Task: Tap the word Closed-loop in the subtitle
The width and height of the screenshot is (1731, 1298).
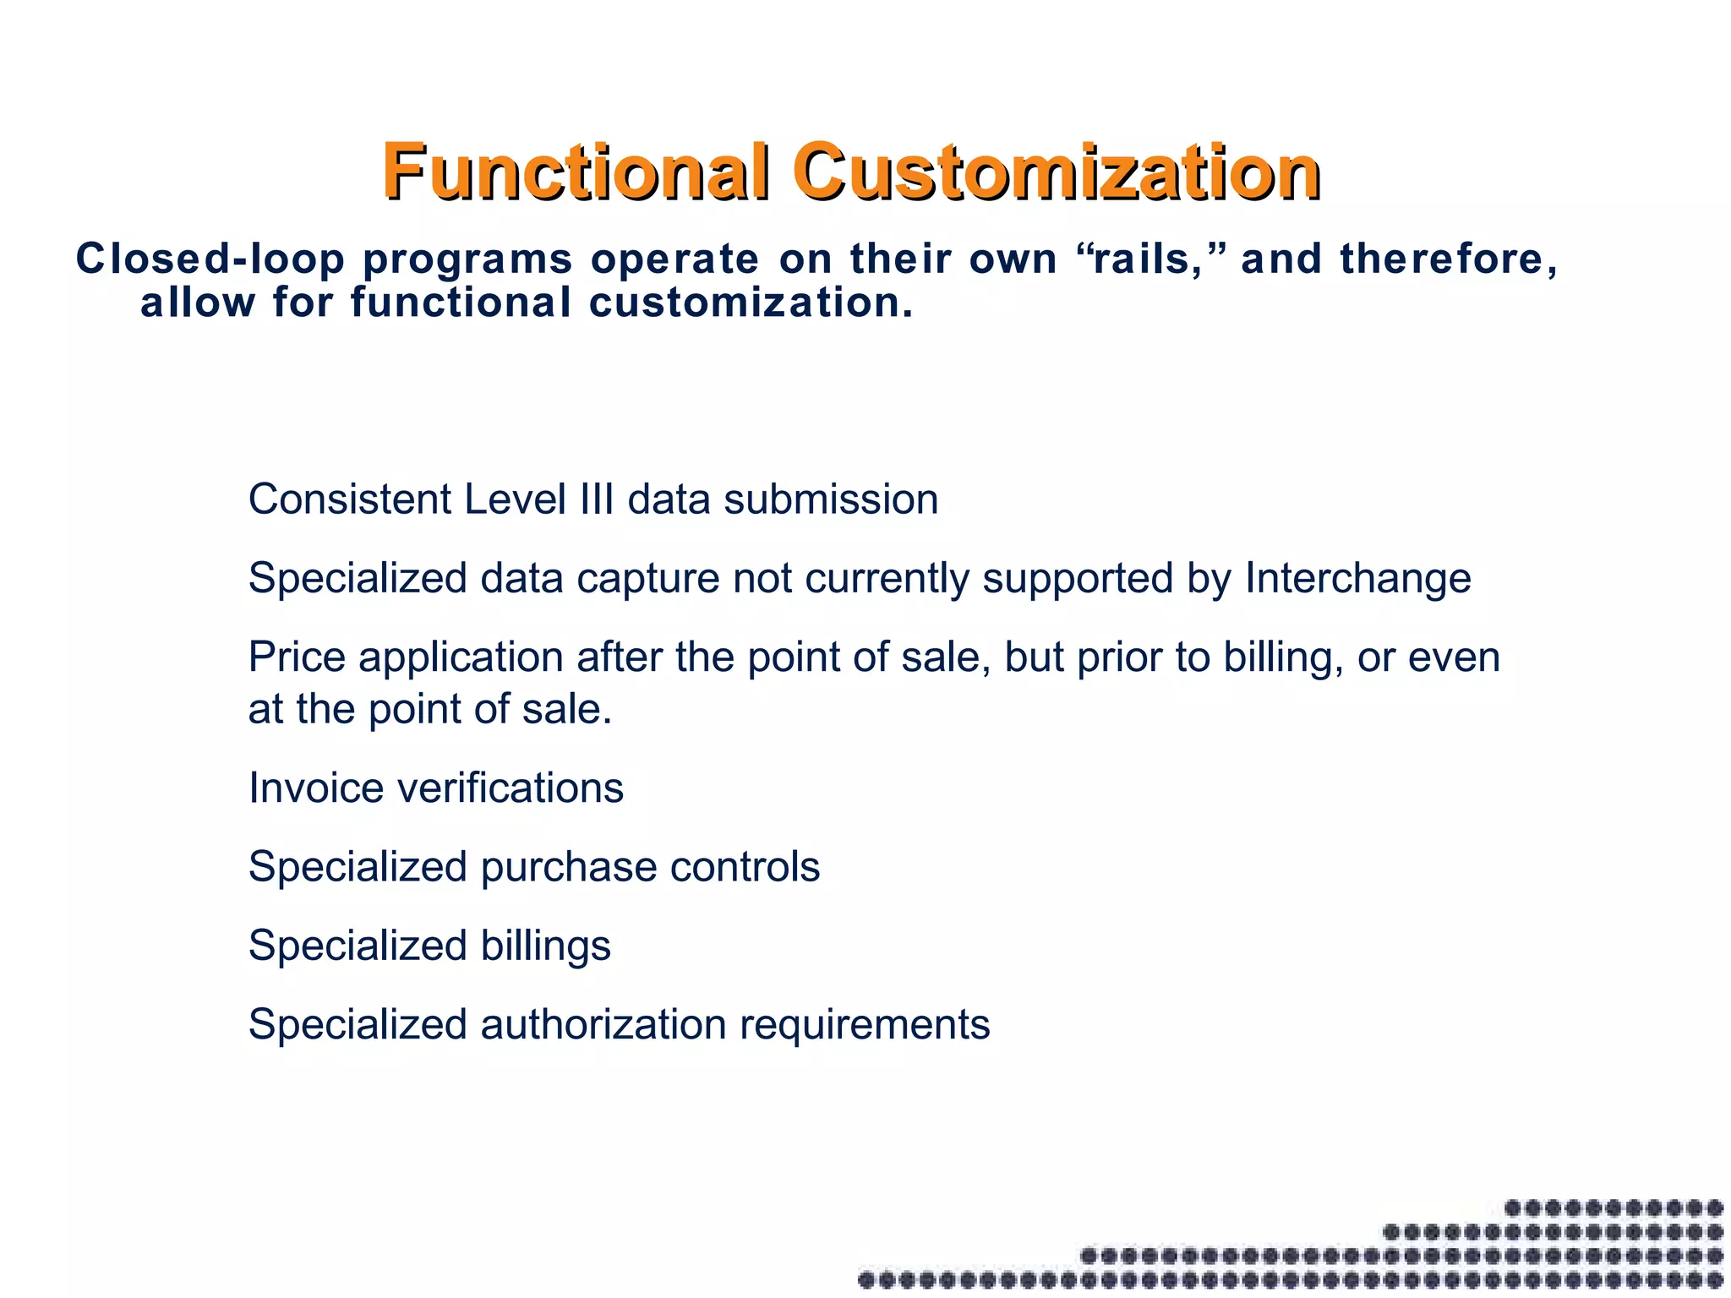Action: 210,259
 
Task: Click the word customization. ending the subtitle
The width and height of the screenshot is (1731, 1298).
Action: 751,303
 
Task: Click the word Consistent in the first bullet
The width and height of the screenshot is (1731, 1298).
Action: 350,499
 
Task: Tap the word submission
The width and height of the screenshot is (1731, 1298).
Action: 831,499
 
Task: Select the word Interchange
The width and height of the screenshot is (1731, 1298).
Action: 1357,579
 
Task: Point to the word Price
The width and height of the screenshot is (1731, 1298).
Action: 297,657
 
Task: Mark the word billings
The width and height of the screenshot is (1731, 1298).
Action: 545,946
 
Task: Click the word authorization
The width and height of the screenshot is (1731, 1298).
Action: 603,1025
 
